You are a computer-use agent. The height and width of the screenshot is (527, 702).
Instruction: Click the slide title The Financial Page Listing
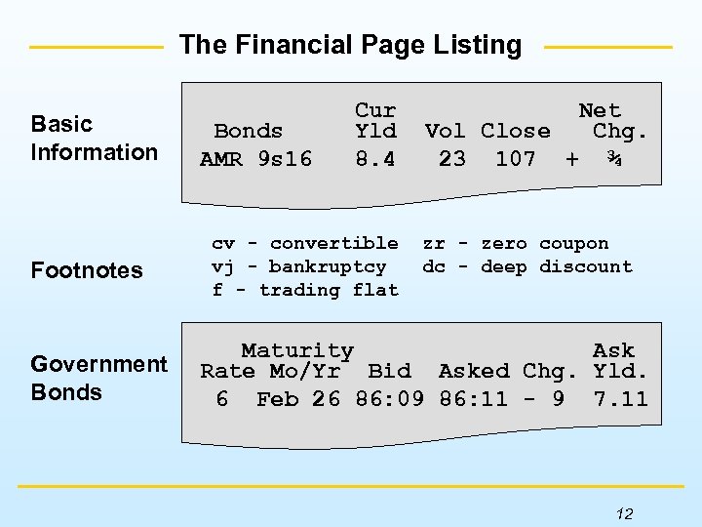tap(351, 45)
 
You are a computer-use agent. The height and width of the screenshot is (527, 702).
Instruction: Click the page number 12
tap(625, 513)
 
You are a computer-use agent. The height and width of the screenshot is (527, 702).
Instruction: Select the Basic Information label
tap(94, 138)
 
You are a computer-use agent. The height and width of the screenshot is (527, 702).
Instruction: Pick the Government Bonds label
tap(98, 378)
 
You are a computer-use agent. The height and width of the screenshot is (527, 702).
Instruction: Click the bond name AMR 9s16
tap(255, 158)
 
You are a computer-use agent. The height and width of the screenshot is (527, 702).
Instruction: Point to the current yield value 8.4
tap(375, 158)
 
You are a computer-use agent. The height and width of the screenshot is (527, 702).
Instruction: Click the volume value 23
tap(452, 158)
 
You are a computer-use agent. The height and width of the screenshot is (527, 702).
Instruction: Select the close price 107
tap(516, 158)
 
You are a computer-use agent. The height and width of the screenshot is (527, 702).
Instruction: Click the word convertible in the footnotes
tap(333, 243)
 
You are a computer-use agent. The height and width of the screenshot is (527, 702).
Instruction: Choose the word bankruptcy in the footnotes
tap(328, 266)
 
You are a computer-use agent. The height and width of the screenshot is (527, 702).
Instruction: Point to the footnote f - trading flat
tap(305, 290)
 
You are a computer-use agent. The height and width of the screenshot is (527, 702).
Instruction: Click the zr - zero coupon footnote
tap(515, 243)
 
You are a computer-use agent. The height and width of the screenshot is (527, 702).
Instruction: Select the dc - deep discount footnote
tap(526, 266)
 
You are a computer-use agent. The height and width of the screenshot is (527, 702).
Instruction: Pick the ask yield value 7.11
tap(620, 398)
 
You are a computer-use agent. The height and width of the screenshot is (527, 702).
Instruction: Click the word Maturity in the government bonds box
tap(297, 350)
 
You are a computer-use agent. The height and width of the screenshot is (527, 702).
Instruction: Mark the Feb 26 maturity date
tap(298, 398)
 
